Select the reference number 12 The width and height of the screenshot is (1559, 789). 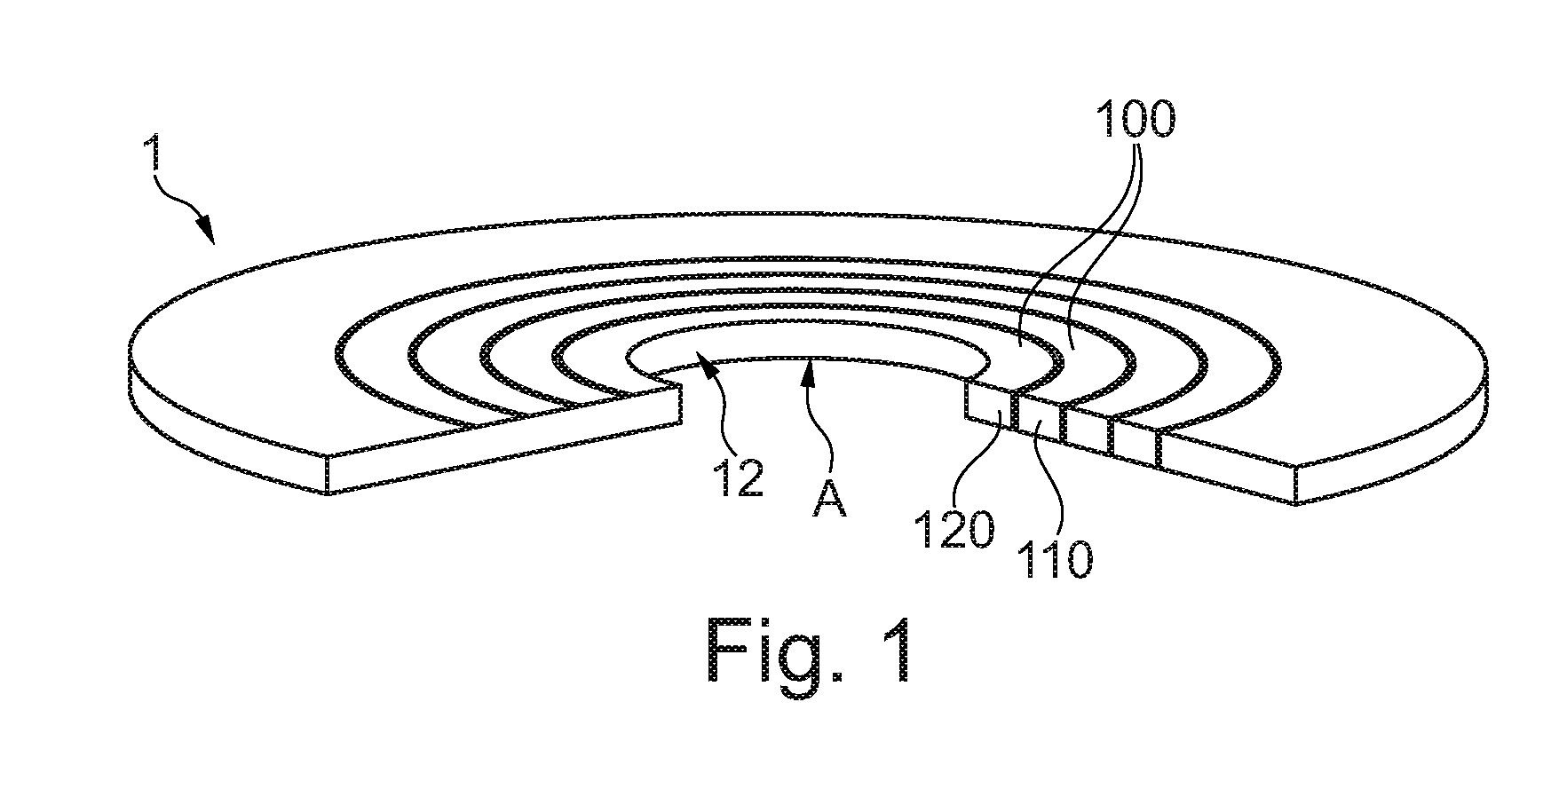(736, 479)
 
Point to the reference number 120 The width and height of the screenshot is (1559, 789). (954, 531)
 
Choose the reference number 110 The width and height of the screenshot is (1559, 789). (1054, 559)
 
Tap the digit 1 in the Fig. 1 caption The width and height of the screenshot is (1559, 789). (898, 650)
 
